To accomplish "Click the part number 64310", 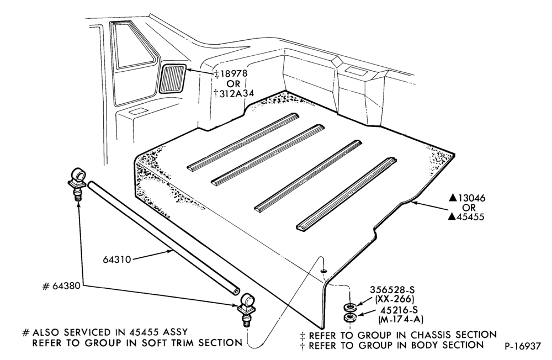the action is [117, 260].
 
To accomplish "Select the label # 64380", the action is [61, 286].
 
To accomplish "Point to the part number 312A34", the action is [233, 93].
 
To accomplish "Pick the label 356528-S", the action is [392, 290].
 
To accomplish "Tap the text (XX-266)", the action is [394, 299].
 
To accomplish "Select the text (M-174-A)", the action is [401, 320].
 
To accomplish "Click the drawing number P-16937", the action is [522, 346].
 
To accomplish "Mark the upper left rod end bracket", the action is [77, 183].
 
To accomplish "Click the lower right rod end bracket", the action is [246, 309].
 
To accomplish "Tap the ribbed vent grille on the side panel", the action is [172, 78].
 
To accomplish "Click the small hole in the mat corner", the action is [323, 271].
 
